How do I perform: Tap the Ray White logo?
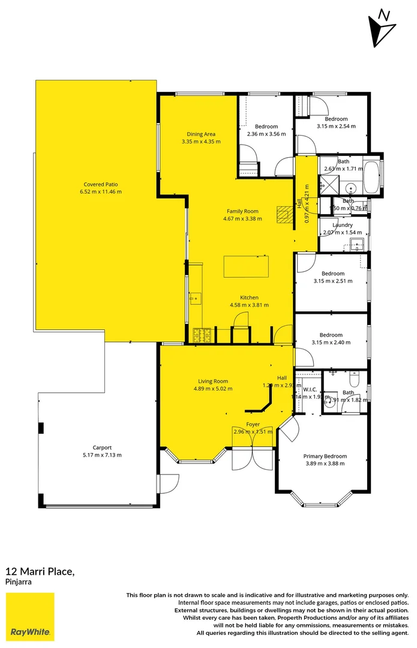tap(30, 617)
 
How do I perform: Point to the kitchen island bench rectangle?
tap(246, 266)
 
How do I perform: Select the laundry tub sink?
tap(358, 244)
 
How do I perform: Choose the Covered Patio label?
tap(100, 184)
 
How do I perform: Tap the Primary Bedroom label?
tap(325, 456)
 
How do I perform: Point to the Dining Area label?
tap(201, 134)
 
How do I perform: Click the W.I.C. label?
tap(310, 389)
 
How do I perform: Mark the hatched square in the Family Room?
tap(284, 214)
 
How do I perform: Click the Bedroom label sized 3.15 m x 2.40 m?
tap(331, 335)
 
